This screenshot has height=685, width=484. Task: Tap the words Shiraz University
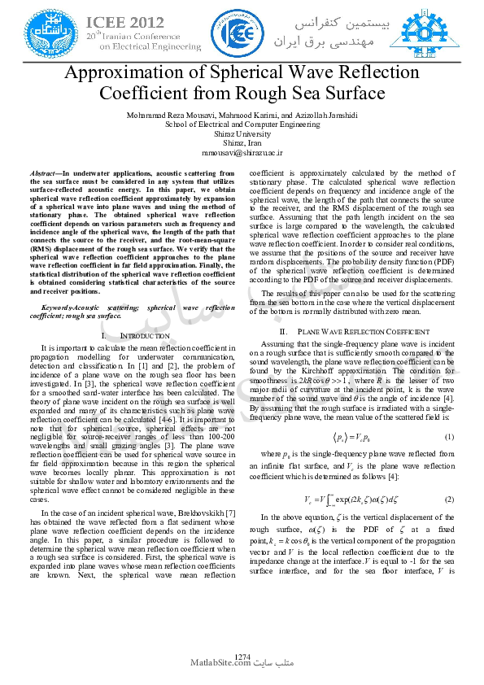[242, 133]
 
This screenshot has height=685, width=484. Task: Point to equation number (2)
[449, 497]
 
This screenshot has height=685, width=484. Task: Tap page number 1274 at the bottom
[242, 656]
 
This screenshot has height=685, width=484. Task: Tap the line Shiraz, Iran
[242, 142]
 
